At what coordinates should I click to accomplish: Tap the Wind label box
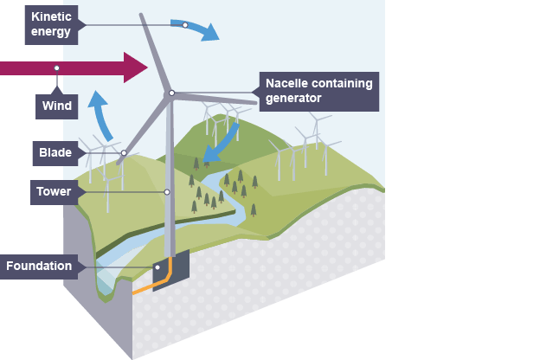pyautogui.click(x=56, y=107)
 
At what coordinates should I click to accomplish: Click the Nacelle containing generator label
pyautogui.click(x=318, y=91)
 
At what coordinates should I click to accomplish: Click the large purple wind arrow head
pyautogui.click(x=137, y=67)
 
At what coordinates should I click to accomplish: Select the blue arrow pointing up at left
pyautogui.click(x=102, y=112)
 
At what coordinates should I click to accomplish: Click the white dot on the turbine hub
pyautogui.click(x=172, y=93)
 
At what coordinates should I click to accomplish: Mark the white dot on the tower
pyautogui.click(x=167, y=192)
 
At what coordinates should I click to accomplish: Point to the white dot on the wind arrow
pyautogui.click(x=57, y=67)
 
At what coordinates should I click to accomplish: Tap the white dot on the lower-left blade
pyautogui.click(x=124, y=153)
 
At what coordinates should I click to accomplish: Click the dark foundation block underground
pyautogui.click(x=171, y=270)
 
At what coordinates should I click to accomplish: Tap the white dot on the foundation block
pyautogui.click(x=157, y=267)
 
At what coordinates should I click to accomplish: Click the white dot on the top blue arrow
pyautogui.click(x=184, y=24)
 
